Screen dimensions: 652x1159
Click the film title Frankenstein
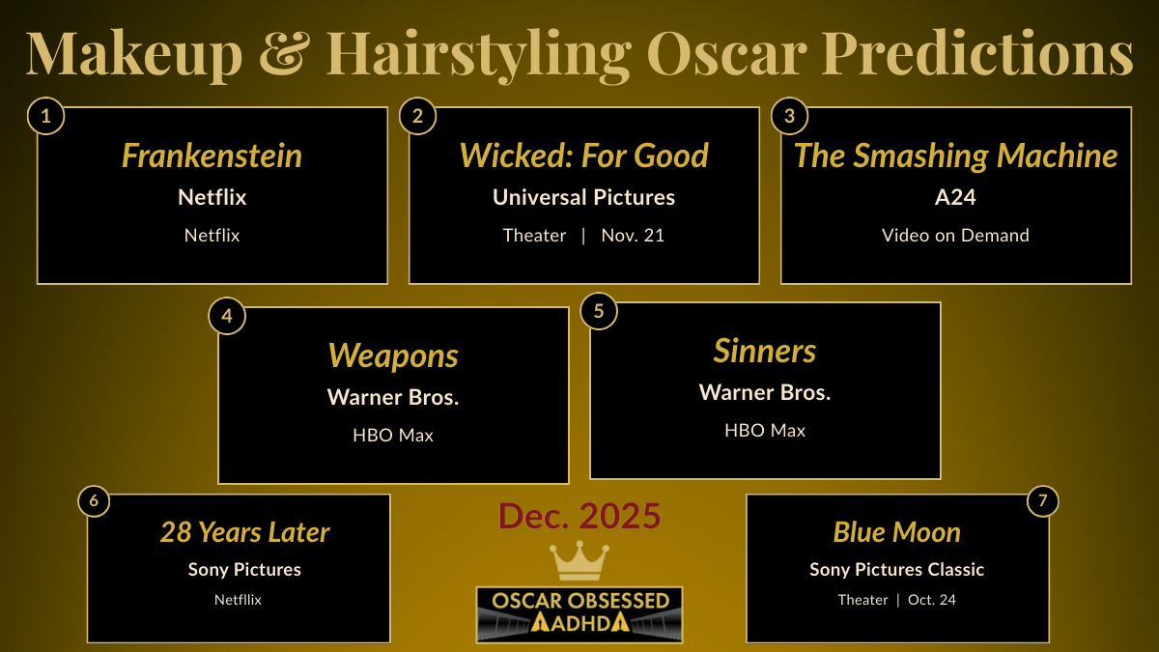(x=212, y=156)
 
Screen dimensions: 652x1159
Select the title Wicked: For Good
(x=583, y=156)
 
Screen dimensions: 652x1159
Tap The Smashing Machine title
(x=955, y=156)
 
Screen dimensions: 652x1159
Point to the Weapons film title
(x=393, y=355)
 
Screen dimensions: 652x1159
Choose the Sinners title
(x=765, y=351)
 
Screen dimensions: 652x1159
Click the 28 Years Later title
(x=244, y=532)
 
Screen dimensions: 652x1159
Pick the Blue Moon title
(x=896, y=532)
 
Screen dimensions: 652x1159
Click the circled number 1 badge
(x=45, y=117)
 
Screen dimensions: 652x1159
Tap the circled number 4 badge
(x=227, y=316)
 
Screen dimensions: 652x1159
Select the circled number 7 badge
(x=1041, y=501)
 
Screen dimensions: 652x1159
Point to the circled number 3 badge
(x=789, y=117)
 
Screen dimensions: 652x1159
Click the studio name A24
(x=955, y=197)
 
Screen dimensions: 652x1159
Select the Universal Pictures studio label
(x=583, y=197)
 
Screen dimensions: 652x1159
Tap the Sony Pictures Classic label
(x=896, y=569)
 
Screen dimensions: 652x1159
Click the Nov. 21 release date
(x=633, y=235)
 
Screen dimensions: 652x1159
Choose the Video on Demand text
(x=955, y=235)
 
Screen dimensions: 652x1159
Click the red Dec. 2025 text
(x=579, y=517)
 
